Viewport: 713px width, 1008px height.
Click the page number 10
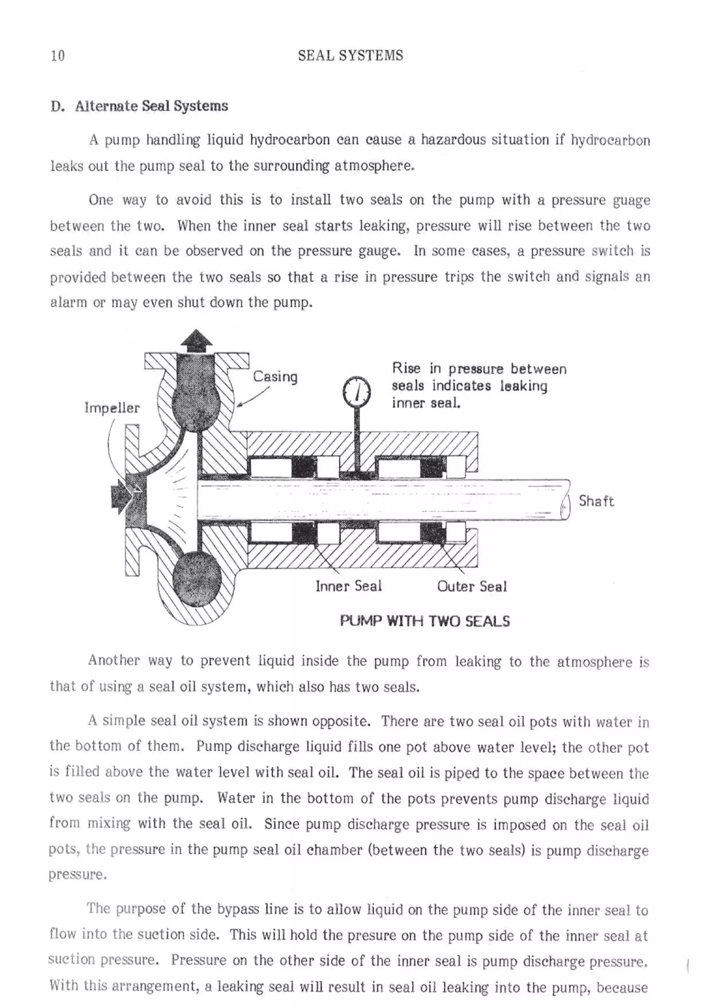(x=57, y=56)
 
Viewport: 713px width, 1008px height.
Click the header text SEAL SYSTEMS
(x=350, y=55)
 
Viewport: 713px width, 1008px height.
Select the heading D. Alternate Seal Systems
(x=139, y=106)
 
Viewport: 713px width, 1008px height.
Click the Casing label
(x=275, y=377)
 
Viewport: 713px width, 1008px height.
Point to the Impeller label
(x=112, y=408)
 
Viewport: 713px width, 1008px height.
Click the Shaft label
(x=596, y=501)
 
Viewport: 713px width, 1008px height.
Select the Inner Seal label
(x=348, y=586)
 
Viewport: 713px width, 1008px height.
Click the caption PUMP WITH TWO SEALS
(x=425, y=621)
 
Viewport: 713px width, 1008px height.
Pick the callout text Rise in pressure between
(x=479, y=369)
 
